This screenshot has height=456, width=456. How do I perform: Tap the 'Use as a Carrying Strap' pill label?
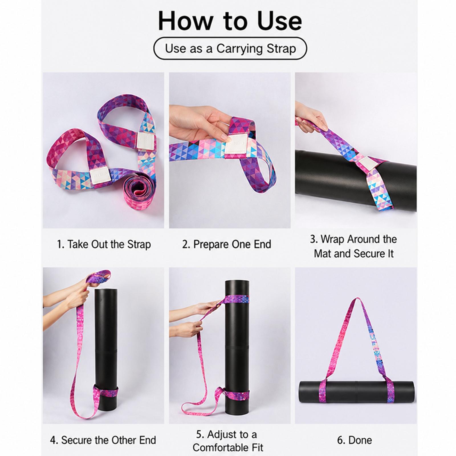tap(230, 48)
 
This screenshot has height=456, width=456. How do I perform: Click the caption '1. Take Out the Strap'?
tap(104, 245)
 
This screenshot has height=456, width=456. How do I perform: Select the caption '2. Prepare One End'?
tap(227, 245)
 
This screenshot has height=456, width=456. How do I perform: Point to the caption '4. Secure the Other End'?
tap(103, 440)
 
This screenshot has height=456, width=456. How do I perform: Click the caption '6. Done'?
tap(355, 440)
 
